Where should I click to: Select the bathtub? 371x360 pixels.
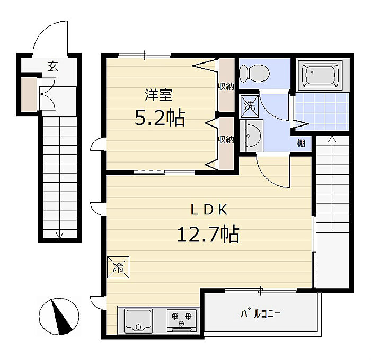(x=320, y=75)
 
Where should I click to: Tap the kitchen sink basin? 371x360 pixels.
(x=138, y=320)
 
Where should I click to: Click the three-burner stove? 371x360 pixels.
(x=182, y=320)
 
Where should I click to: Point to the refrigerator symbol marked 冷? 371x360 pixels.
(x=118, y=267)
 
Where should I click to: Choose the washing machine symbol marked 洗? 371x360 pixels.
(x=250, y=106)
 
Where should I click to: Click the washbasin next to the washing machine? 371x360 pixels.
(x=251, y=136)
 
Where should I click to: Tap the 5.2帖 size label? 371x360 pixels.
(x=160, y=118)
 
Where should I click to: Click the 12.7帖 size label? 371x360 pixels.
(x=208, y=234)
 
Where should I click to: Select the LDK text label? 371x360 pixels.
(x=209, y=209)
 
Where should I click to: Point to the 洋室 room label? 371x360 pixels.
(x=158, y=95)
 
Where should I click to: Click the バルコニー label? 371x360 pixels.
(x=261, y=314)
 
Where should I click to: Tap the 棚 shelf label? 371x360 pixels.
(x=301, y=143)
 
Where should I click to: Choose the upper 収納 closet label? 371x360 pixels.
(x=226, y=86)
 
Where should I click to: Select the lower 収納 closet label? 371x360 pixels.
(x=226, y=140)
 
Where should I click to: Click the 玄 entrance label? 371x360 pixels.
(x=52, y=66)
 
